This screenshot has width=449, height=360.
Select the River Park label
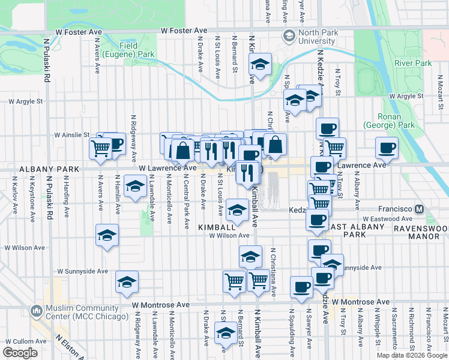pos(413,63)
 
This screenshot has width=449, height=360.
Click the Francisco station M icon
pos(420,209)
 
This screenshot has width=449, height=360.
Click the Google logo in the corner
pos(19,352)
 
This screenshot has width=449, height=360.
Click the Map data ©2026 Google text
pos(412,355)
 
